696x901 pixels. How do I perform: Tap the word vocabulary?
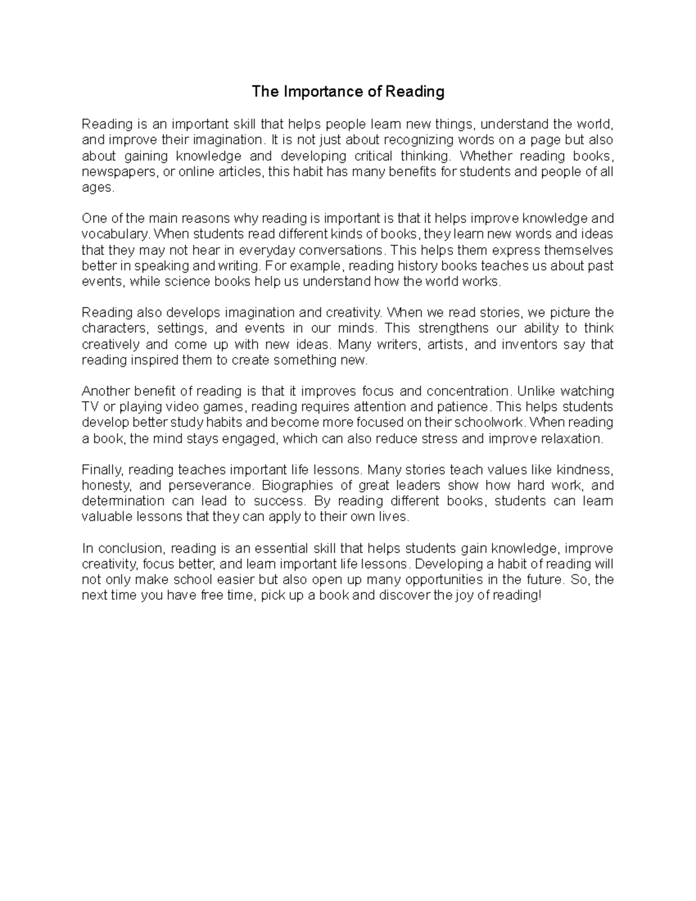click(115, 235)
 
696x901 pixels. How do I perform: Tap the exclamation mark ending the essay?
click(539, 596)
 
